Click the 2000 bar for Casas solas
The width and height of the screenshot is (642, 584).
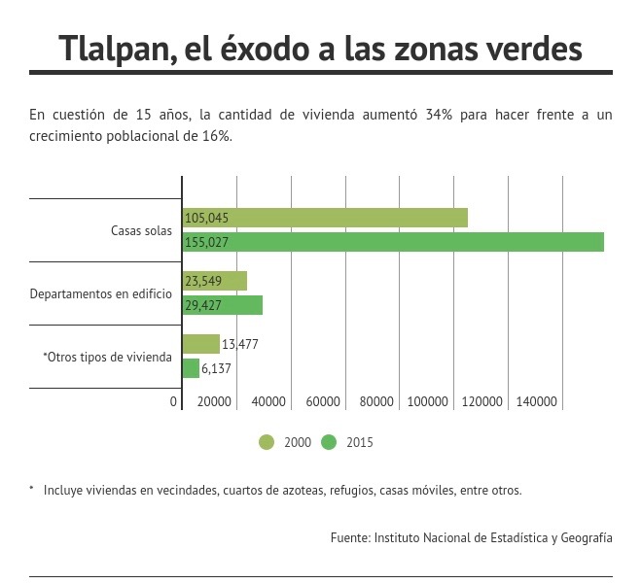click(x=325, y=218)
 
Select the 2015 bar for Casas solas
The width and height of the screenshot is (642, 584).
click(x=393, y=242)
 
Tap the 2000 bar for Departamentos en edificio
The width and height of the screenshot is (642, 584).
click(x=215, y=281)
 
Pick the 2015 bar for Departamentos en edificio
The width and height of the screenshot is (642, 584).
click(x=223, y=305)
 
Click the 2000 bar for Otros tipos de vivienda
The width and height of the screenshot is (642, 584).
click(x=201, y=344)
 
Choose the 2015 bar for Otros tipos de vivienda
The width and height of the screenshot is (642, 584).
click(x=191, y=368)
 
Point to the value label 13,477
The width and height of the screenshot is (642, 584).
click(x=240, y=344)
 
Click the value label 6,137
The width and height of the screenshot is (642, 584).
click(x=216, y=368)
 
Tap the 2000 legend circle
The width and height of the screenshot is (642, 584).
click(x=267, y=442)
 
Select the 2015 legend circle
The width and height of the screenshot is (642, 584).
click(x=329, y=442)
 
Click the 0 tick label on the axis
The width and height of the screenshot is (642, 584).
click(x=173, y=401)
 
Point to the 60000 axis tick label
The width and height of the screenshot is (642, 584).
click(x=323, y=401)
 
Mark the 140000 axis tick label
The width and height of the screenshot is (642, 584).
click(x=536, y=401)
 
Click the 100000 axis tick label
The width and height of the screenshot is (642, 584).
click(x=427, y=401)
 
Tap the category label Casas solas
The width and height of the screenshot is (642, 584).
click(x=141, y=230)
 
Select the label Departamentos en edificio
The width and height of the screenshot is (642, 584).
click(x=101, y=293)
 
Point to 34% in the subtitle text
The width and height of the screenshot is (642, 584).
click(x=439, y=115)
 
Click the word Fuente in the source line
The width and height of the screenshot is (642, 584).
click(x=351, y=537)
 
